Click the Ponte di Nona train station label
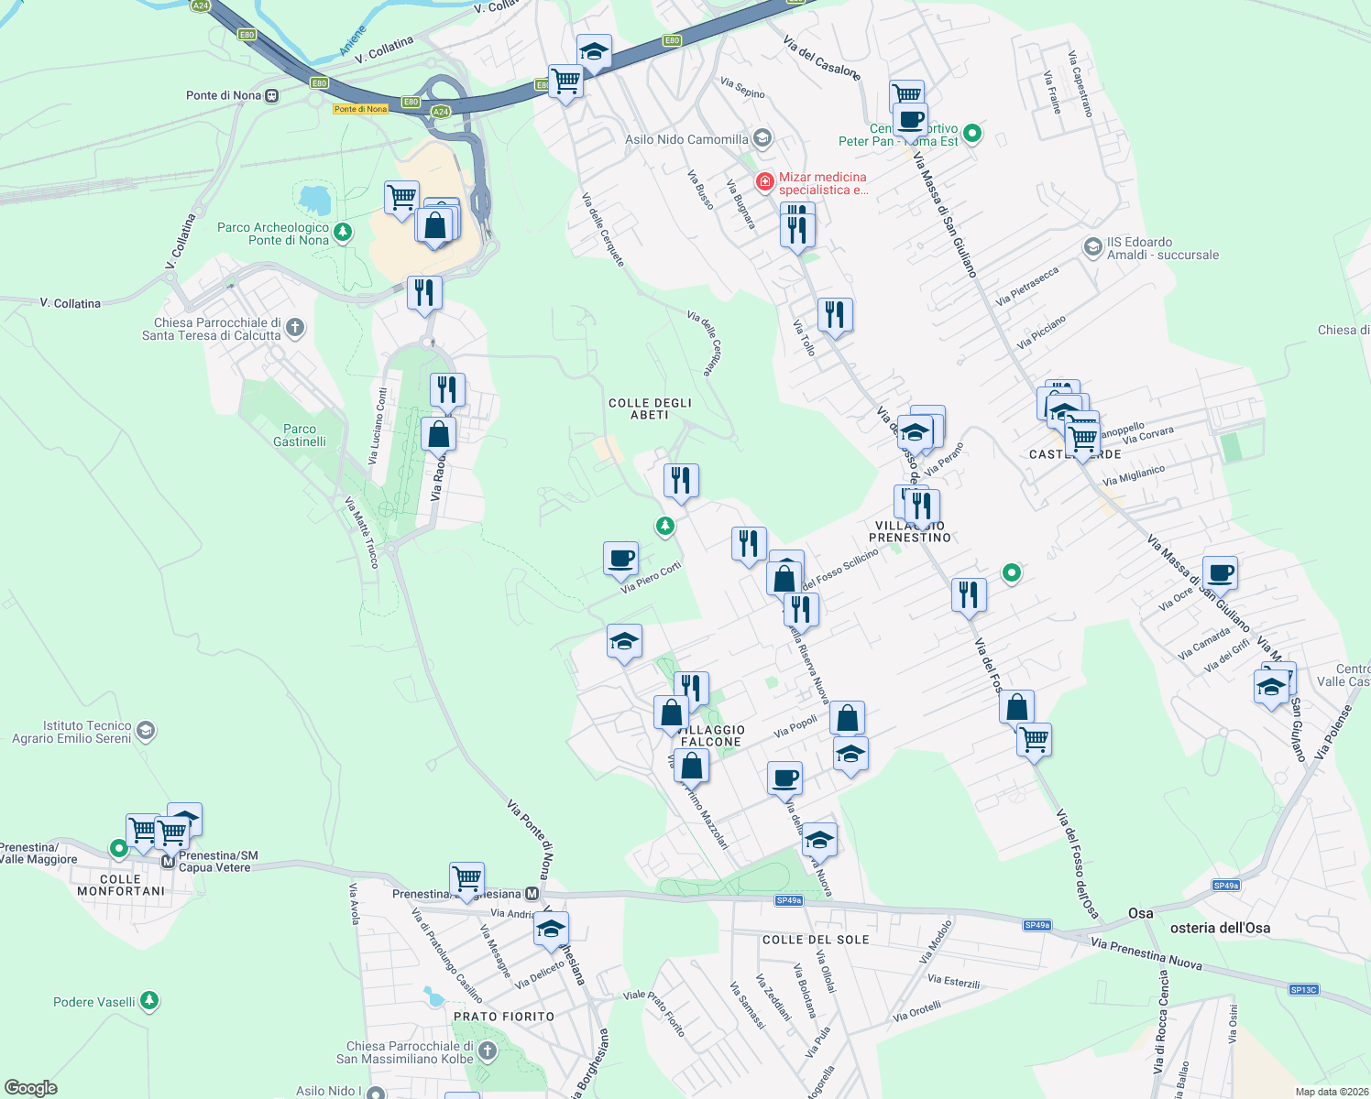(224, 95)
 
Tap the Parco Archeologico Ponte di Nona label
(273, 234)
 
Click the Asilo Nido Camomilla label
(686, 139)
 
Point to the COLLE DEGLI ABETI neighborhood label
(650, 408)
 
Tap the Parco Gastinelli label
(300, 435)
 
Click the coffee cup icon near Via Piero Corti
(620, 558)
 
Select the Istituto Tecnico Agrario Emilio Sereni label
(72, 732)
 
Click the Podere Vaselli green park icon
(149, 1001)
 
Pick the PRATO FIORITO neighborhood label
(504, 1017)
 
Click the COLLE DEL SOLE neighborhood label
(816, 940)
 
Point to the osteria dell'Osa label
(1220, 928)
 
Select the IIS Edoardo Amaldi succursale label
(1162, 248)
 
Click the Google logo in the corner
(31, 1088)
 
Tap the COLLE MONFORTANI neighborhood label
(121, 885)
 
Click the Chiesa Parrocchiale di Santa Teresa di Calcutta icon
(294, 327)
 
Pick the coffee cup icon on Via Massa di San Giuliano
(1219, 572)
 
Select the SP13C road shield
(1302, 990)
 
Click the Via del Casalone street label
(821, 57)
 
